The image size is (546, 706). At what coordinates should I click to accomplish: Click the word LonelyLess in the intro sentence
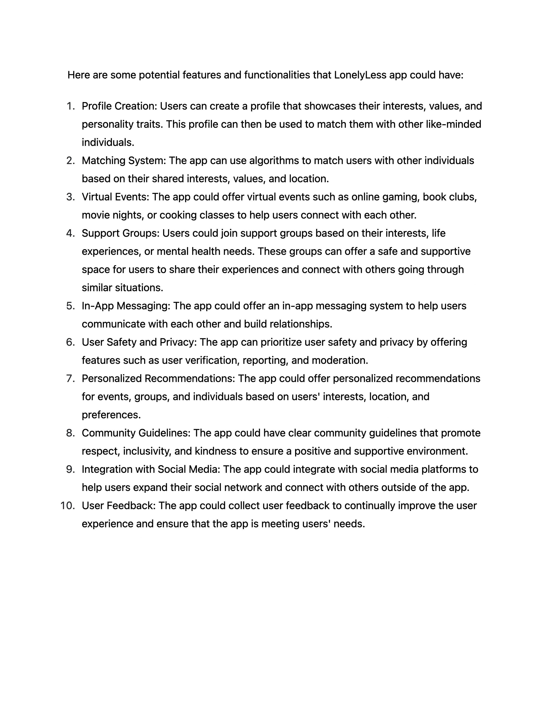[x=360, y=75]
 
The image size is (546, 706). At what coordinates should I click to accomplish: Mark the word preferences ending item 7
[x=111, y=415]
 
